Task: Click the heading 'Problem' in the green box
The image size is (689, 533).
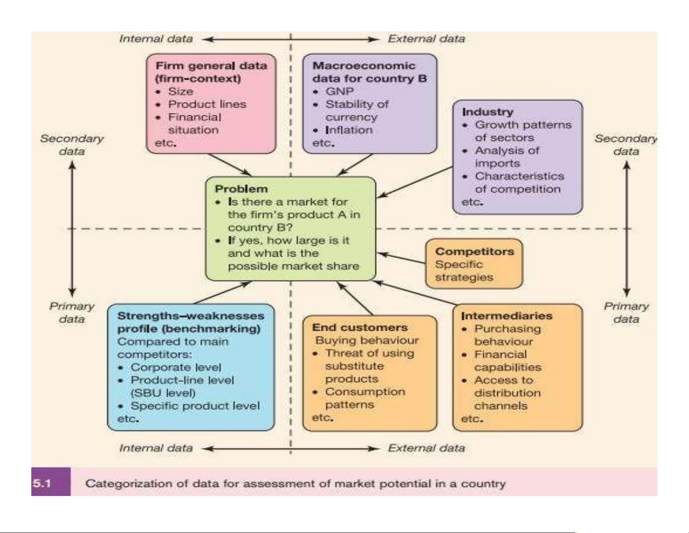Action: click(x=241, y=189)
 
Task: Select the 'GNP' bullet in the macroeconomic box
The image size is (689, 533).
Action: click(x=340, y=91)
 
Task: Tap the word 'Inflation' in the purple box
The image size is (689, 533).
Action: click(x=349, y=130)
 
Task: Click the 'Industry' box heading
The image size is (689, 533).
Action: click(x=487, y=112)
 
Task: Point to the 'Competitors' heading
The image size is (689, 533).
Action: click(x=474, y=251)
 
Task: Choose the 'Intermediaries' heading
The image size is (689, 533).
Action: click(x=506, y=316)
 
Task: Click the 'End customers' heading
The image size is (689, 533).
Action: click(x=359, y=327)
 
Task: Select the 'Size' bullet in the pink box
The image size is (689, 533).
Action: click(x=180, y=91)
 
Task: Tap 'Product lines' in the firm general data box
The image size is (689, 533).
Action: click(x=207, y=104)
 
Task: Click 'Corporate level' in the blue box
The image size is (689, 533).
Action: click(x=176, y=367)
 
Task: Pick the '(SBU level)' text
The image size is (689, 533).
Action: click(x=163, y=393)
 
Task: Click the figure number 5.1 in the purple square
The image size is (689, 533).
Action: click(x=42, y=483)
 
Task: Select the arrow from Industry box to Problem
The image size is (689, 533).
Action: click(x=415, y=182)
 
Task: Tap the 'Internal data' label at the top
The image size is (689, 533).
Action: click(x=156, y=39)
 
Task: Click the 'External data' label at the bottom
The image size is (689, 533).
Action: click(x=426, y=448)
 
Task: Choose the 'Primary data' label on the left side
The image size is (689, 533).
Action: click(x=72, y=312)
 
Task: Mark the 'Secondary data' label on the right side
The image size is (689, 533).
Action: click(x=626, y=145)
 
